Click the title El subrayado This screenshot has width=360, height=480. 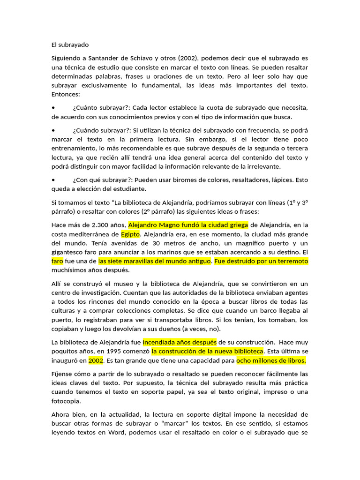click(70, 45)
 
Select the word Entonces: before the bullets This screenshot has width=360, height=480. click(66, 94)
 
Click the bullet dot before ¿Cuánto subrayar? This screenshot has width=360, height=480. click(53, 108)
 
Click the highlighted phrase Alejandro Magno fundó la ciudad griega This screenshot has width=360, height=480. click(188, 225)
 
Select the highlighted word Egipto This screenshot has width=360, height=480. click(130, 233)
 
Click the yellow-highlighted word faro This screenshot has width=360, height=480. click(57, 261)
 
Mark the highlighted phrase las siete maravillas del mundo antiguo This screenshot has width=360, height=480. click(155, 261)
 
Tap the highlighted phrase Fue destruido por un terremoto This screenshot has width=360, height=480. click(261, 261)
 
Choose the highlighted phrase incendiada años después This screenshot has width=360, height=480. click(180, 342)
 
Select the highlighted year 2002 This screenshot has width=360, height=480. click(96, 360)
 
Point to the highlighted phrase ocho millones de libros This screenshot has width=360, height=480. click(271, 360)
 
